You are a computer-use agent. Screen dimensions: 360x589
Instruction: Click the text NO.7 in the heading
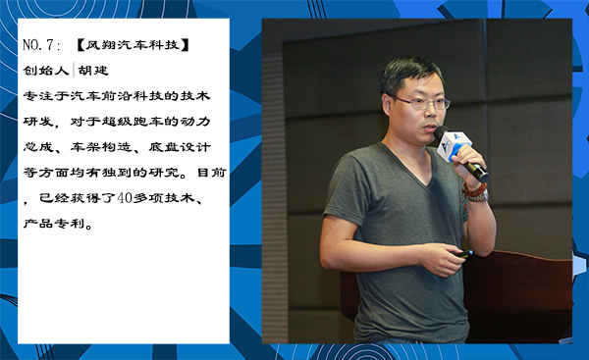point(39,45)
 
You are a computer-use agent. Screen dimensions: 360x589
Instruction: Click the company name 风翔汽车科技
point(135,45)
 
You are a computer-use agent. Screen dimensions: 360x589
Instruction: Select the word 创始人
point(45,72)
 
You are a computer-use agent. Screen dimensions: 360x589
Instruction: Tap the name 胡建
point(96,72)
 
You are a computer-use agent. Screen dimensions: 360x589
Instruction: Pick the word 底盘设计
point(176,148)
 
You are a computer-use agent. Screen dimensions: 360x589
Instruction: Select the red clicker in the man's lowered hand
point(461,254)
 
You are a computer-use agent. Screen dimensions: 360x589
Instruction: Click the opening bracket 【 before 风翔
point(80,45)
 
